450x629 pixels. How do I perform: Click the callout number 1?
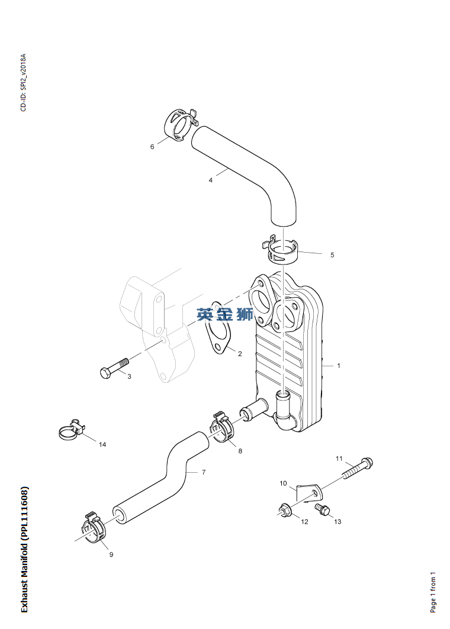339,366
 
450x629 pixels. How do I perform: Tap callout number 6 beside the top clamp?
152,147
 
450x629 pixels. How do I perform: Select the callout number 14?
102,444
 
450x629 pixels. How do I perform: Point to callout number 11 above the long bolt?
339,459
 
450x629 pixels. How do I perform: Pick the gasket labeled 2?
217,328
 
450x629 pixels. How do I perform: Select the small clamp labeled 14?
72,430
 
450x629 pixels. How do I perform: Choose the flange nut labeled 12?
285,510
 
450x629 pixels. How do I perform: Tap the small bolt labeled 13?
322,510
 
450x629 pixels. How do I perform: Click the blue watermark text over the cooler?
225,314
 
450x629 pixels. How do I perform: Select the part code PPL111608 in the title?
24,511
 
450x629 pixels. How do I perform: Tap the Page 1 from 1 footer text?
433,592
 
